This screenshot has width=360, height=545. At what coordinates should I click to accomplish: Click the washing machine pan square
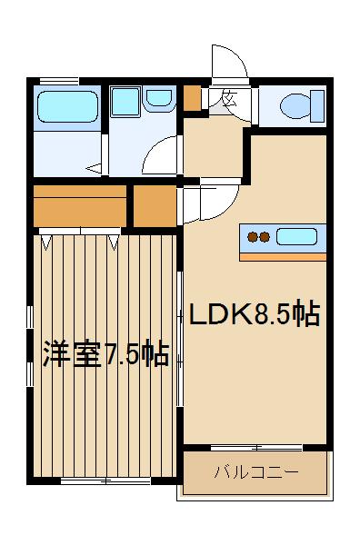125,101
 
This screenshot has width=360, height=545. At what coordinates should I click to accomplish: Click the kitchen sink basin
296,238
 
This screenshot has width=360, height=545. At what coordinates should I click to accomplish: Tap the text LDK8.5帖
253,315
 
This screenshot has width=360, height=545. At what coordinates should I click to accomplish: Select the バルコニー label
255,472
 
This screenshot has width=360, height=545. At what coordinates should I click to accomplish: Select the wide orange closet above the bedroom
80,207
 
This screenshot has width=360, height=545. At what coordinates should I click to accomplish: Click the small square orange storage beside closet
155,207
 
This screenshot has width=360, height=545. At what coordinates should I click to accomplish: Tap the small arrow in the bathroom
95,167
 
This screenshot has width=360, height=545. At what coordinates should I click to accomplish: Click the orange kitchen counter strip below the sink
281,256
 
